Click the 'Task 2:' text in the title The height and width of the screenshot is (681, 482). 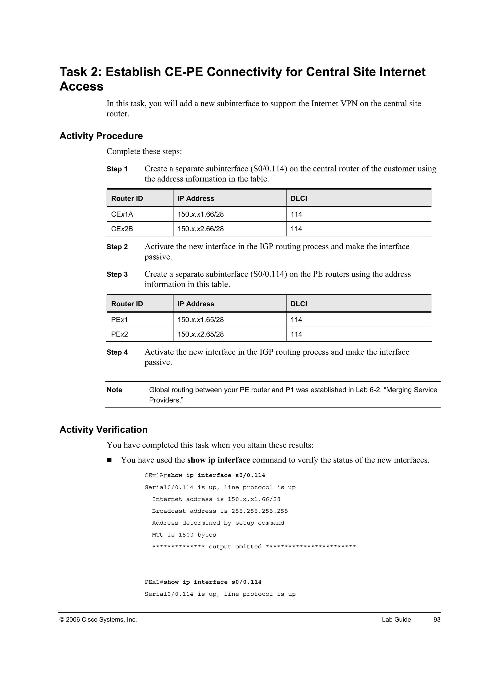tap(80, 72)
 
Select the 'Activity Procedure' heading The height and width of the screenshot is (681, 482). tap(101, 136)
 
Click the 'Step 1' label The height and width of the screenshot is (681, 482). tap(117, 169)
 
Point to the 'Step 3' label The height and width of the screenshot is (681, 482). tap(117, 274)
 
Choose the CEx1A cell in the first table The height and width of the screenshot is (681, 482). tap(122, 214)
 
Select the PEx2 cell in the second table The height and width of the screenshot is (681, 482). tap(119, 334)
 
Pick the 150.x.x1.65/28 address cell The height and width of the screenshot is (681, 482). tap(201, 320)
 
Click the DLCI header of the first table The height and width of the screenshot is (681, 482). tap(299, 198)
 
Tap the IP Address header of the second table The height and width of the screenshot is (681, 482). tap(196, 304)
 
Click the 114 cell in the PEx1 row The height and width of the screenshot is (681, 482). tap(296, 320)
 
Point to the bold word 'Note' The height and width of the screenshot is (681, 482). tap(114, 390)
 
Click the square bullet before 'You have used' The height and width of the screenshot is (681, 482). tap(109, 460)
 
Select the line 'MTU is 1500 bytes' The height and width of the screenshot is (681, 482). tap(184, 535)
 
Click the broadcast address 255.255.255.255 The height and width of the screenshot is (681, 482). tap(260, 511)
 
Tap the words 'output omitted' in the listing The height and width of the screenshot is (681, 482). tap(235, 547)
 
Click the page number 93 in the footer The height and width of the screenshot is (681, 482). tap(437, 620)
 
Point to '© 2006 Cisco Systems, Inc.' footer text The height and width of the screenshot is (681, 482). tap(98, 620)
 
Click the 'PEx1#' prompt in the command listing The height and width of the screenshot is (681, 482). tap(154, 582)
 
